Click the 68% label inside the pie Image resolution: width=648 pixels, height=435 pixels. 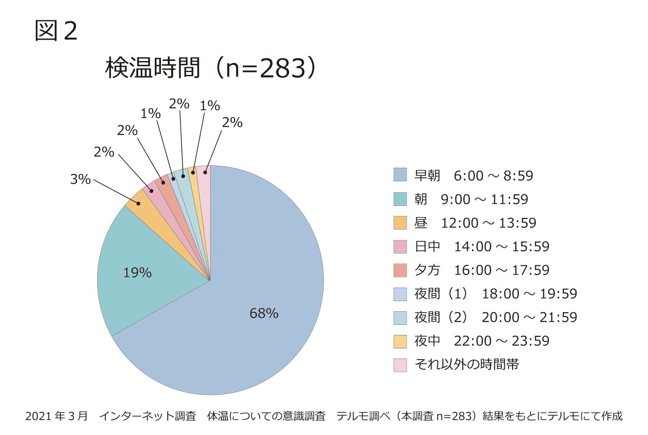coord(264,314)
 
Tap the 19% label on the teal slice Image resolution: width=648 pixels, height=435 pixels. coord(137,273)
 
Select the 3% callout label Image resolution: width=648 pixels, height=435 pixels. coord(80,179)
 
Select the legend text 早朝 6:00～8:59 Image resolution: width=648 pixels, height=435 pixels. coord(473,175)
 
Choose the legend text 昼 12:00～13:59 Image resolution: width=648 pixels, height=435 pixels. coord(475,223)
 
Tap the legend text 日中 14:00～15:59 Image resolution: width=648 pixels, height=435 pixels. coord(482,246)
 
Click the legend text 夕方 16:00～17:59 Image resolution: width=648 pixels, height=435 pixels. coord(482,270)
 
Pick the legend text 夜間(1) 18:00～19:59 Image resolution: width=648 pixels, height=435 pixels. coord(495,294)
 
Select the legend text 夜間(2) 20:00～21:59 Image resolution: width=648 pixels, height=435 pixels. coord(495,318)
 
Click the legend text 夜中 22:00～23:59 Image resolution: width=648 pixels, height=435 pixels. coord(482,341)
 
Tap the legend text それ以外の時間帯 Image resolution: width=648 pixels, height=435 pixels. coord(467,364)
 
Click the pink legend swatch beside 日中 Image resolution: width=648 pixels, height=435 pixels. coord(400,246)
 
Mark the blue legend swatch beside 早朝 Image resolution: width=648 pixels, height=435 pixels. coord(400,175)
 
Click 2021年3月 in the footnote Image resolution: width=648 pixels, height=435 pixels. coord(57,416)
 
